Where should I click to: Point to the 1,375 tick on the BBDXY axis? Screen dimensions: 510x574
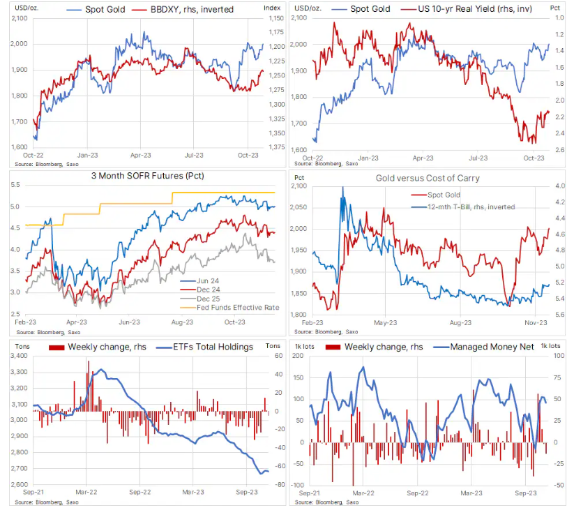[275, 147]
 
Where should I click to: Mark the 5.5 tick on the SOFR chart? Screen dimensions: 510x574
[15, 185]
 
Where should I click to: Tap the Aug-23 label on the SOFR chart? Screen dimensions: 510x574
[181, 323]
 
